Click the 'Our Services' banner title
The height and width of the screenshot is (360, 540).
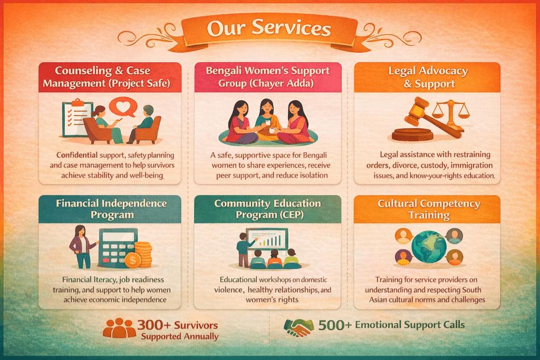(x=268, y=28)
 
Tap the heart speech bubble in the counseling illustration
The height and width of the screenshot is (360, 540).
(x=123, y=106)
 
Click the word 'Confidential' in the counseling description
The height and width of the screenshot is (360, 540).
(x=77, y=155)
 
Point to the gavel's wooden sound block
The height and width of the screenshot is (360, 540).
(x=412, y=134)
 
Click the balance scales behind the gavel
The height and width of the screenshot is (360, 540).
(x=450, y=113)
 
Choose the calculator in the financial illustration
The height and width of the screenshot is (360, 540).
(x=118, y=248)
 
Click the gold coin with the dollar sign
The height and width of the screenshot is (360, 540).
(x=132, y=260)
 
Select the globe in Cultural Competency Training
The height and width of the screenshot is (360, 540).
(x=429, y=247)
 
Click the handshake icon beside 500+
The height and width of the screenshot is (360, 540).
(x=298, y=327)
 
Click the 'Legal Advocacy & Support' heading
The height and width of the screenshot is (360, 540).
(x=428, y=77)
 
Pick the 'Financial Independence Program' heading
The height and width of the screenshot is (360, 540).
(x=112, y=209)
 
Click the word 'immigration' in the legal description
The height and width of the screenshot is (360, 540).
(x=471, y=165)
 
